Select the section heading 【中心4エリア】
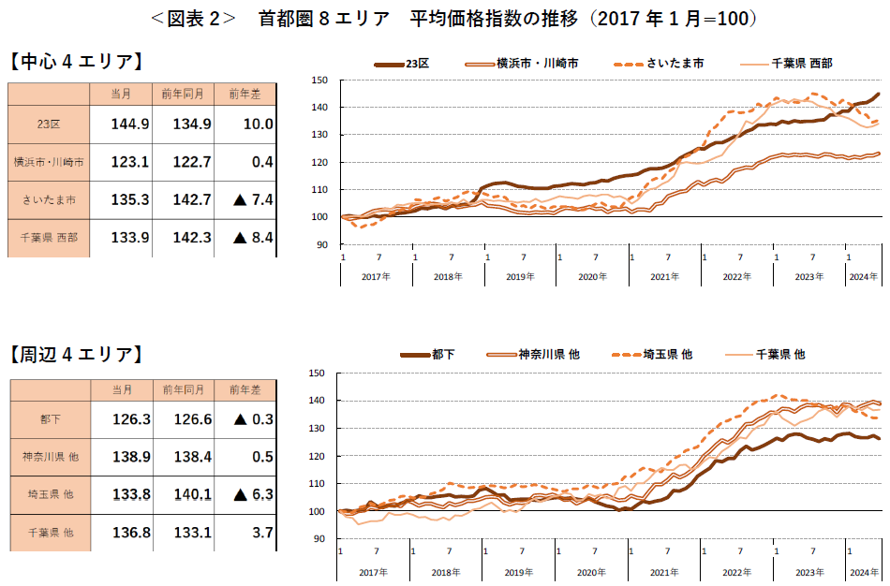pyautogui.click(x=77, y=63)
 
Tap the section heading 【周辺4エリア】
pyautogui.click(x=77, y=354)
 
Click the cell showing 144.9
pyautogui.click(x=130, y=124)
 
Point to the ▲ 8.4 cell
pyautogui.click(x=249, y=238)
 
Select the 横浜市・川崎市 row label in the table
pyautogui.click(x=49, y=162)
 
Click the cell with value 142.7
pyautogui.click(x=192, y=199)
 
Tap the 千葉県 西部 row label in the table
pyautogui.click(x=49, y=238)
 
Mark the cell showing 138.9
pyautogui.click(x=130, y=456)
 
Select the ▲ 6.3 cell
pyautogui.click(x=249, y=494)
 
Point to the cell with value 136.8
pyautogui.click(x=130, y=532)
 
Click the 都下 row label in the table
pyautogui.click(x=49, y=419)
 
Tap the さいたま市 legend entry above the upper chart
pyautogui.click(x=675, y=64)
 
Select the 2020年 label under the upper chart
pyautogui.click(x=592, y=277)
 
